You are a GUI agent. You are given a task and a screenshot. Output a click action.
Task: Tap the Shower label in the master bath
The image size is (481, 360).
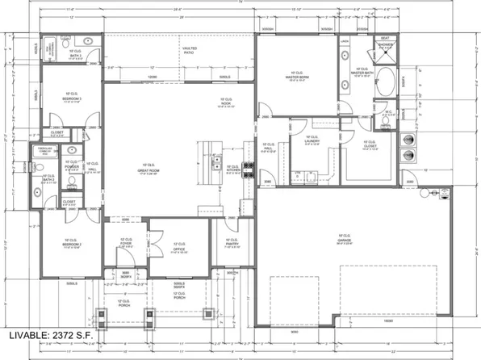point(385,45)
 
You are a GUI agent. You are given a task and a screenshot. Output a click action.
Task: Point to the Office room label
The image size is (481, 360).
point(179,246)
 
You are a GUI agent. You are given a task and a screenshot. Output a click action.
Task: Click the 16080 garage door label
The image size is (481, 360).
point(389,320)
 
